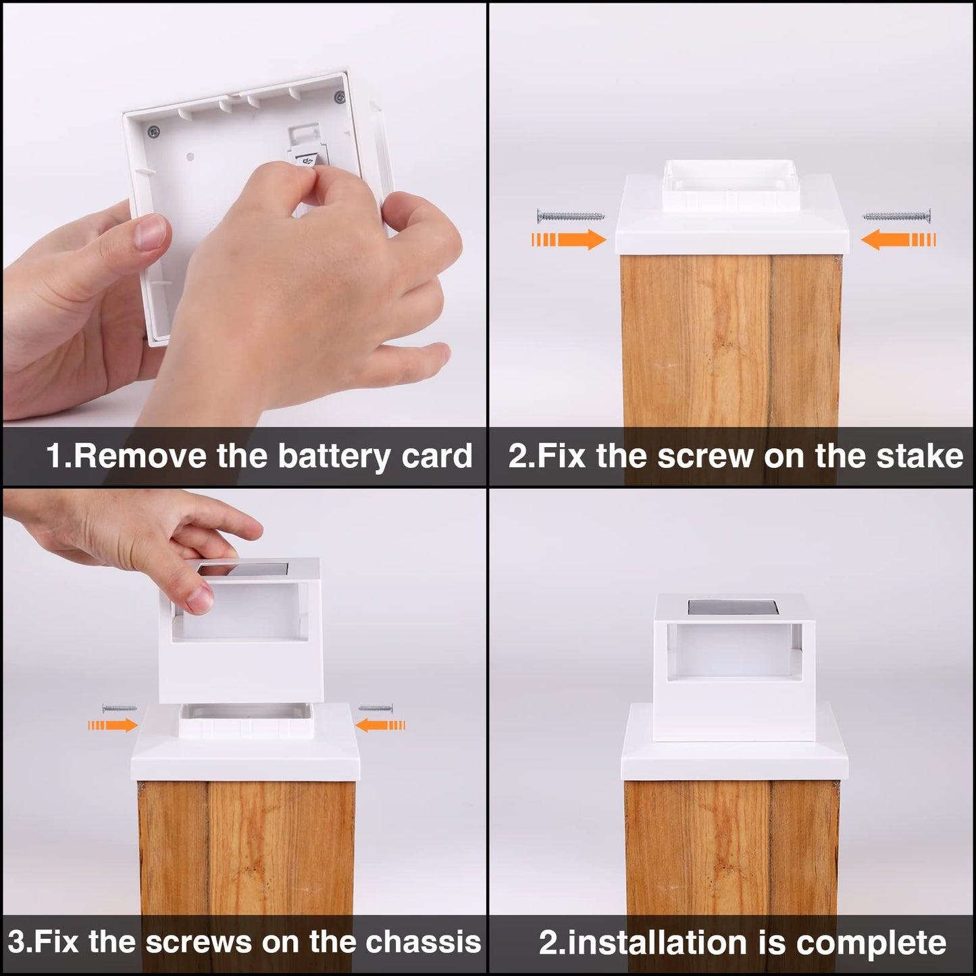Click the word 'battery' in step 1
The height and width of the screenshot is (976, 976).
[x=334, y=457]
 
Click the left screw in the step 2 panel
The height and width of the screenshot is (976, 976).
[x=570, y=216]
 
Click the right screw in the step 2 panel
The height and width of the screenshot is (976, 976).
[x=896, y=217]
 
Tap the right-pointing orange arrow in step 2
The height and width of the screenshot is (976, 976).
[x=569, y=239]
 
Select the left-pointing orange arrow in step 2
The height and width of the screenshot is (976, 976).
[x=898, y=240]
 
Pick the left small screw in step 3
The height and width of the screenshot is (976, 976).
[x=120, y=708]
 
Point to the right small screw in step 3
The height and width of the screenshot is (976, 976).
[x=376, y=708]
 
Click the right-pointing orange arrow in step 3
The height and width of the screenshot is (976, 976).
[x=112, y=725]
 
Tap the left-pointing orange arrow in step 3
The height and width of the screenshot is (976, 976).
[x=380, y=726]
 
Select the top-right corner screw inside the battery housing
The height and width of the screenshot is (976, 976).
[x=339, y=95]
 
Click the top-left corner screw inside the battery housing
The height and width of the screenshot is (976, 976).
[x=153, y=132]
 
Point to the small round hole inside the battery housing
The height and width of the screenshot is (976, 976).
[x=190, y=157]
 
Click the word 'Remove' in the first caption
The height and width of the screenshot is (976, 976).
[x=140, y=457]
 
